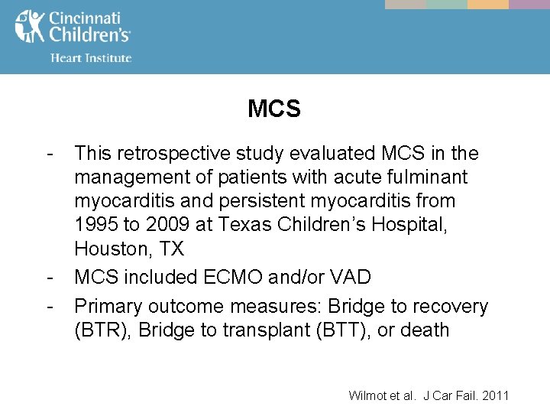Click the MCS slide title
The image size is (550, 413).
point(274,109)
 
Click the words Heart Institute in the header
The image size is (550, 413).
point(91,57)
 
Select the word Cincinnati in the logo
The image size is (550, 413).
point(86,18)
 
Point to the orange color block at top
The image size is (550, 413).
point(487,4)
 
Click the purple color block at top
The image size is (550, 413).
point(529,4)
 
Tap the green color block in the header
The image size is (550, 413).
point(446,4)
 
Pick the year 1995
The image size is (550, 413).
point(95,225)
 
